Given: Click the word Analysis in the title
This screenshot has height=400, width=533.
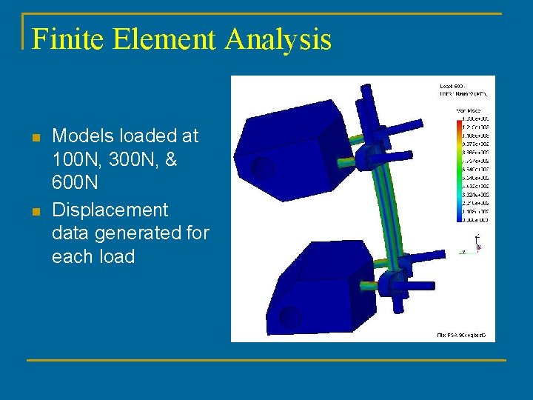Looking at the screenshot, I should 279,39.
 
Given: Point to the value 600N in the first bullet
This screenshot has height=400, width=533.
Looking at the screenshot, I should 75,183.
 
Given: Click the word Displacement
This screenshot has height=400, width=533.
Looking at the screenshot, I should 110,210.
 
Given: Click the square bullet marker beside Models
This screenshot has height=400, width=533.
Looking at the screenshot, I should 34,137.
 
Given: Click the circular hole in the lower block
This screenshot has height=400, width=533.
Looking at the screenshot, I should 289,318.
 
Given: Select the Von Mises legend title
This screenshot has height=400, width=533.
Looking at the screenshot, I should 470,111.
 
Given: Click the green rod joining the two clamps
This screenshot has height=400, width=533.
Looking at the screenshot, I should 375,215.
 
